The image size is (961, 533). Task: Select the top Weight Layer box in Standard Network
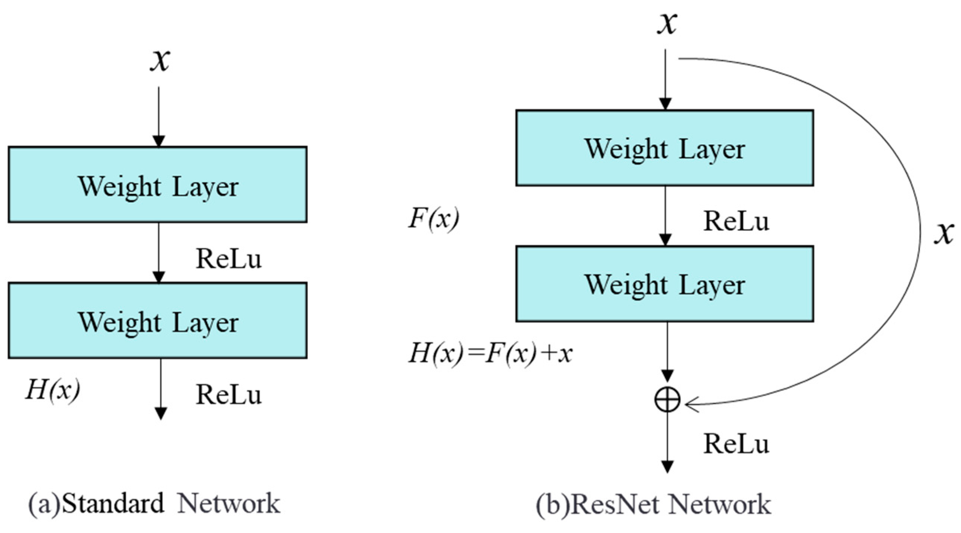coord(158,185)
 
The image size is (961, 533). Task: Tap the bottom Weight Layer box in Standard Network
coord(158,321)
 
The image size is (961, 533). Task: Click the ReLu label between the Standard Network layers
coord(229,259)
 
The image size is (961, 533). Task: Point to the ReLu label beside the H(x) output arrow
coord(229,395)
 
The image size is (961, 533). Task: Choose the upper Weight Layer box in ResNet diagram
coord(665,148)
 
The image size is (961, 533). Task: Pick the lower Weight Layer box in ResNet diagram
coord(665,284)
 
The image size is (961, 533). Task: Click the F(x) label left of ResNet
coord(433,219)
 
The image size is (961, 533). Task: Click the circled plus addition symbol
coord(667,400)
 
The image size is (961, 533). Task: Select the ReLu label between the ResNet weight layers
coord(736,221)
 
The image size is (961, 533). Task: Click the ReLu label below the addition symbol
coord(736,444)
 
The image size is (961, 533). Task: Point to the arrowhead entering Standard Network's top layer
coord(159,141)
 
